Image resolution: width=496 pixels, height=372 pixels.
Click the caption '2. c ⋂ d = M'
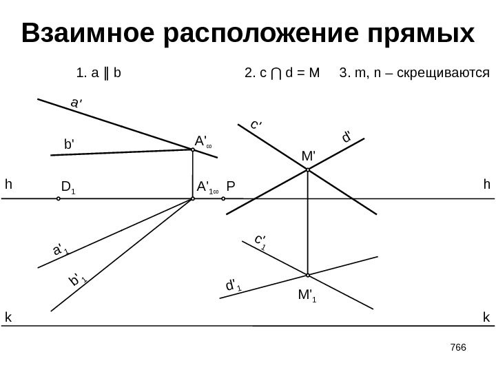click(282, 72)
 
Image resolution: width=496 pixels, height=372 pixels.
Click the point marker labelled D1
click(59, 198)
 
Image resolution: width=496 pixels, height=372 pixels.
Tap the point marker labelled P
click(224, 198)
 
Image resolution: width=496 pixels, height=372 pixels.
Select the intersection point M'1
click(307, 275)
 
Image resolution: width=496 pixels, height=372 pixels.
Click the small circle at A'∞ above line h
click(193, 150)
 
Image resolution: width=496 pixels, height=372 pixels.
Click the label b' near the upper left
click(69, 145)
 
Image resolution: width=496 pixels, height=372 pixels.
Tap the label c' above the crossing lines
click(256, 125)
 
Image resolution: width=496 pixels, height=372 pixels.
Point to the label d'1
click(234, 285)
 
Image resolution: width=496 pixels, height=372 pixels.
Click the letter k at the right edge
click(486, 318)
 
